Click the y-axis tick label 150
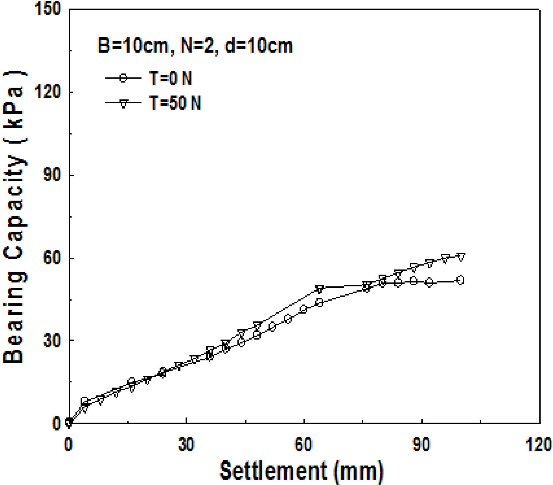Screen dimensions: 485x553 click(48, 9)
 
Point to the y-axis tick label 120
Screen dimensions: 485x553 click(48, 93)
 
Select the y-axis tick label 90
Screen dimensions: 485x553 click(52, 175)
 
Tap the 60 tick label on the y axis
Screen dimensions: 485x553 click(52, 258)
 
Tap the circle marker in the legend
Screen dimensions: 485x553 click(123, 78)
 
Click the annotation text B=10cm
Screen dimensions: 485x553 click(133, 46)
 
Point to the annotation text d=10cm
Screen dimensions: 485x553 click(259, 46)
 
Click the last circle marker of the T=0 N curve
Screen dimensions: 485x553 click(460, 280)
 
